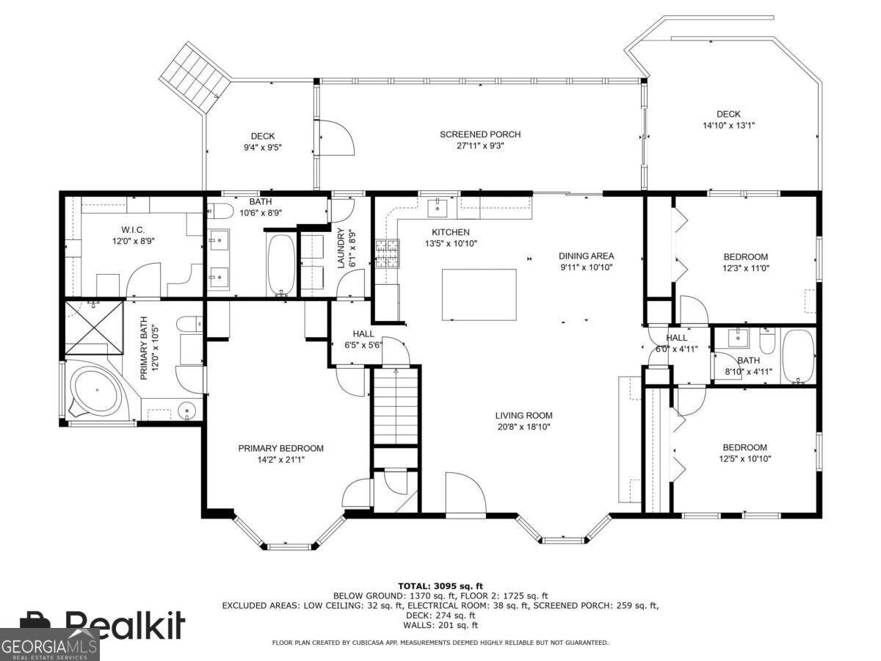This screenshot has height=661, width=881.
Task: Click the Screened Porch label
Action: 480,134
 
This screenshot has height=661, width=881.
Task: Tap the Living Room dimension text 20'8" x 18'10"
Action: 523,427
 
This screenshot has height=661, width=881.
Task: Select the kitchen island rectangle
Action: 479,295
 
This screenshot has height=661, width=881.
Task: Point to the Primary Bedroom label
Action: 281,448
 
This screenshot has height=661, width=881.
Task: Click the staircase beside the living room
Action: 396,407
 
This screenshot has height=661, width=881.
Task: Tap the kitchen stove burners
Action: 388,253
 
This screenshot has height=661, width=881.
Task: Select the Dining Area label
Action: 587,256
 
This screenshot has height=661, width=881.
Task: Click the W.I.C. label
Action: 133,230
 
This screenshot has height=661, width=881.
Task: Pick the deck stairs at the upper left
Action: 195,78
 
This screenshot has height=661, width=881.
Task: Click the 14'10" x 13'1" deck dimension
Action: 728,126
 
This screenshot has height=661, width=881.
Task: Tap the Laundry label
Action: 341,248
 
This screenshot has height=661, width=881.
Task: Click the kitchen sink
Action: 438,207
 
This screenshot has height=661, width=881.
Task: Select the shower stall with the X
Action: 94,328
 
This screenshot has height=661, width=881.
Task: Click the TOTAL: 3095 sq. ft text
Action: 440,586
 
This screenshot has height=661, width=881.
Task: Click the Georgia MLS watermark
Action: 49,645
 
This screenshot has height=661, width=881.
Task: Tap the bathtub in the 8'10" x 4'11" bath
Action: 799,356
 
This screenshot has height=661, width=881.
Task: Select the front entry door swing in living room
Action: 465,493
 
